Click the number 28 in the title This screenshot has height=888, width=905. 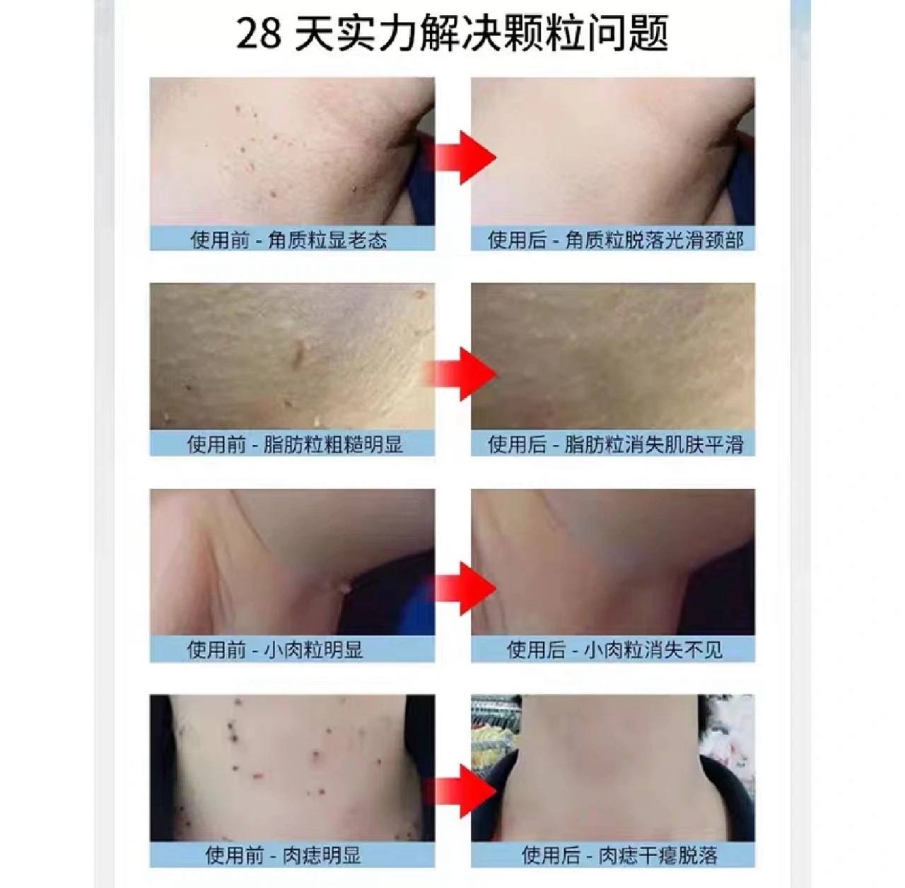point(259,35)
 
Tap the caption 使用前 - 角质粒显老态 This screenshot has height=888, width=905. point(289,240)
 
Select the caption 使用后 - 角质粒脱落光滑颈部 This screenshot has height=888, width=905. point(616,240)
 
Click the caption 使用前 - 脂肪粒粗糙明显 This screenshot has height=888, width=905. point(295,444)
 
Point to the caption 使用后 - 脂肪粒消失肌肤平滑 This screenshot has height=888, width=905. point(616,444)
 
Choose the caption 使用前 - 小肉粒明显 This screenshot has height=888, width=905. point(275,650)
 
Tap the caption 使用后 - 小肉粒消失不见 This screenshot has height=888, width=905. point(614,650)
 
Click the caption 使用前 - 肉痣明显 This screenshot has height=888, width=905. point(284,855)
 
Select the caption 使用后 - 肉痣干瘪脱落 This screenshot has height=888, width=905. point(619,855)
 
